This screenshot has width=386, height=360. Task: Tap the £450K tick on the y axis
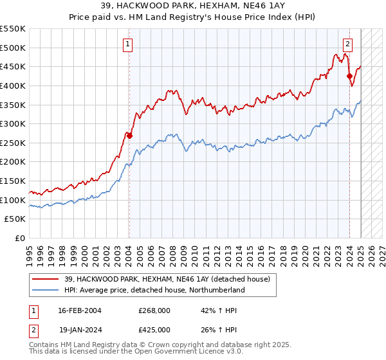pyautogui.click(x=13, y=66)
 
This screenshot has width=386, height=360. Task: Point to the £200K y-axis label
pyautogui.click(x=13, y=162)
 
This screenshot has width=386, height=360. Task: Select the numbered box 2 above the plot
pyautogui.click(x=347, y=44)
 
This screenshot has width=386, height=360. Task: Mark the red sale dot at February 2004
pyautogui.click(x=129, y=136)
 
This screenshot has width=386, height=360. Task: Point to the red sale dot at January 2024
pyautogui.click(x=349, y=76)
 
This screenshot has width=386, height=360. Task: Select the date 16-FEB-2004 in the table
pyautogui.click(x=80, y=310)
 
